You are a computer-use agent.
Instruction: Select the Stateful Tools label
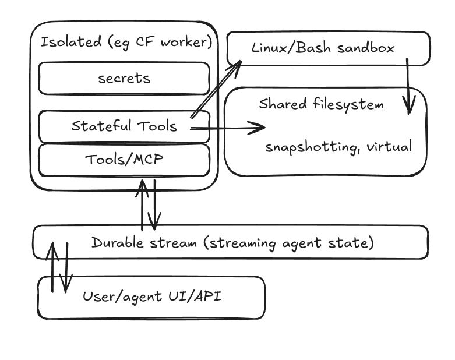[x=124, y=126]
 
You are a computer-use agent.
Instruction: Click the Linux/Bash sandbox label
[x=323, y=48]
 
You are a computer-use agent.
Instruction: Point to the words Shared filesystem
[x=321, y=104]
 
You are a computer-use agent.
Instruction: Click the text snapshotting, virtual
[x=338, y=147]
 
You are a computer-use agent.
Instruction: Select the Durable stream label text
[x=232, y=243]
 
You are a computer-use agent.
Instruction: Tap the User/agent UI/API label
[x=151, y=297]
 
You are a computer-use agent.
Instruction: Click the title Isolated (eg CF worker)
[x=126, y=43]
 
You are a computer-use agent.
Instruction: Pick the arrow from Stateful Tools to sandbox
[x=216, y=89]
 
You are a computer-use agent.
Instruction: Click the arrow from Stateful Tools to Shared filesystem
[x=227, y=128]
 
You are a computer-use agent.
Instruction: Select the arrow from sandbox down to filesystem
[x=408, y=86]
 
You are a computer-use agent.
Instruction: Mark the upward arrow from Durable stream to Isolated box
[x=142, y=205]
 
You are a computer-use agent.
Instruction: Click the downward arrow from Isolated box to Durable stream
[x=154, y=205]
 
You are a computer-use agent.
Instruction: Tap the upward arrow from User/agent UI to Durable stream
[x=52, y=267]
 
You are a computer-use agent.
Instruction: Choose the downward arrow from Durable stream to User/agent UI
[x=66, y=267]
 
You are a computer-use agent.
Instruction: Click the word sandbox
[x=366, y=48]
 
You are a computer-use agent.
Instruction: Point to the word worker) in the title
[x=186, y=43]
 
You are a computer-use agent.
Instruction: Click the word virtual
[x=389, y=146]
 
